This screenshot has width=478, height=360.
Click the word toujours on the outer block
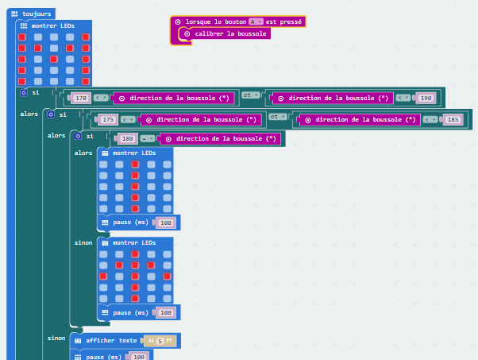[37, 14]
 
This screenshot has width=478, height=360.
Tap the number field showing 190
[426, 98]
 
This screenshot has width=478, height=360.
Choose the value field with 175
[109, 119]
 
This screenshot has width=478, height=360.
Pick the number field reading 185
[453, 119]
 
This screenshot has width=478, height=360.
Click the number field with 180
[127, 138]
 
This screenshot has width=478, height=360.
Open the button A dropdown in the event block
[256, 21]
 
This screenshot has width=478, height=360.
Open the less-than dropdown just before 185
[430, 119]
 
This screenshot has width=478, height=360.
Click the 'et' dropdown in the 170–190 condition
[250, 95]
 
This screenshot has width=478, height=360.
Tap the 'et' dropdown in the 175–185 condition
[277, 116]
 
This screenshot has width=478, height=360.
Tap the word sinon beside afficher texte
[56, 338]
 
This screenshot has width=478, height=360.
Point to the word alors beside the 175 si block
[56, 135]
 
